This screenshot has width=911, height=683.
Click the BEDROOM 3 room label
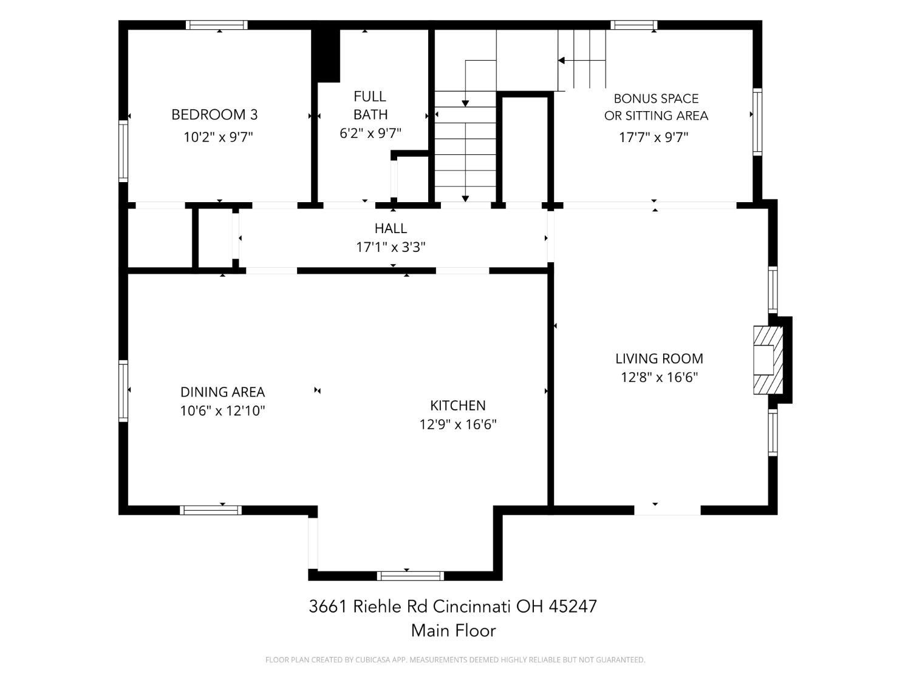tap(214, 115)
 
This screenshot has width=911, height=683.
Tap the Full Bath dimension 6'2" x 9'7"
tap(370, 133)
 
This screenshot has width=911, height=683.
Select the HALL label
tap(391, 228)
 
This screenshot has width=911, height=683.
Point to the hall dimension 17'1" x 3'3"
tap(391, 247)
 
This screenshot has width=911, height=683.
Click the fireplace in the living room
tap(768, 359)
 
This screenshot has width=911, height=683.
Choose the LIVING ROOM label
tap(659, 358)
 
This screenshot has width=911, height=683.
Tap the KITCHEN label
tap(458, 405)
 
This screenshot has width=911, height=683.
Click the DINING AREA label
tap(222, 392)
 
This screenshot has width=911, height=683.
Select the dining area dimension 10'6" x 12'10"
tap(222, 410)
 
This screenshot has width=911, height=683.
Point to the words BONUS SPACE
tap(656, 99)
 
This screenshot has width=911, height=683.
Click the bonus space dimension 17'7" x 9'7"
tap(653, 137)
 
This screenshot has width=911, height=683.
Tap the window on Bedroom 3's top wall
tap(216, 25)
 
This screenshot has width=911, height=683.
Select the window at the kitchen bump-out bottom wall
tap(411, 576)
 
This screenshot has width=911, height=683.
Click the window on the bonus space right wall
tap(757, 122)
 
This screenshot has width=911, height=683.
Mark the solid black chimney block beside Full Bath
tap(326, 56)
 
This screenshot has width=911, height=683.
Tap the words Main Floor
tap(453, 631)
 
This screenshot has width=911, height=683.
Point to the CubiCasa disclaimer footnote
tap(455, 660)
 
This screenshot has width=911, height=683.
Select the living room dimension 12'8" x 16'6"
tap(659, 378)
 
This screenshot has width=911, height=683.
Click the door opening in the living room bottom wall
tap(667, 510)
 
